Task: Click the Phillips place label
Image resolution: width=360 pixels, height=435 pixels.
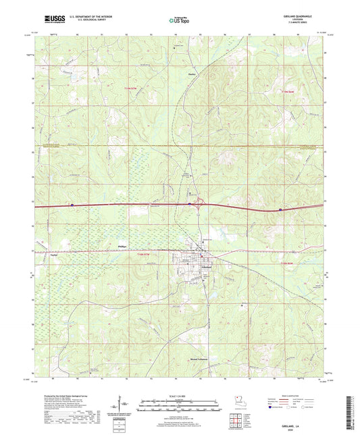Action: click(x=122, y=248)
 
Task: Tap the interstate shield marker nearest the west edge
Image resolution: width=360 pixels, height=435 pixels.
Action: click(x=72, y=204)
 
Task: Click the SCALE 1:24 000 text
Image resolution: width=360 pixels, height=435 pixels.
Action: click(x=180, y=396)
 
